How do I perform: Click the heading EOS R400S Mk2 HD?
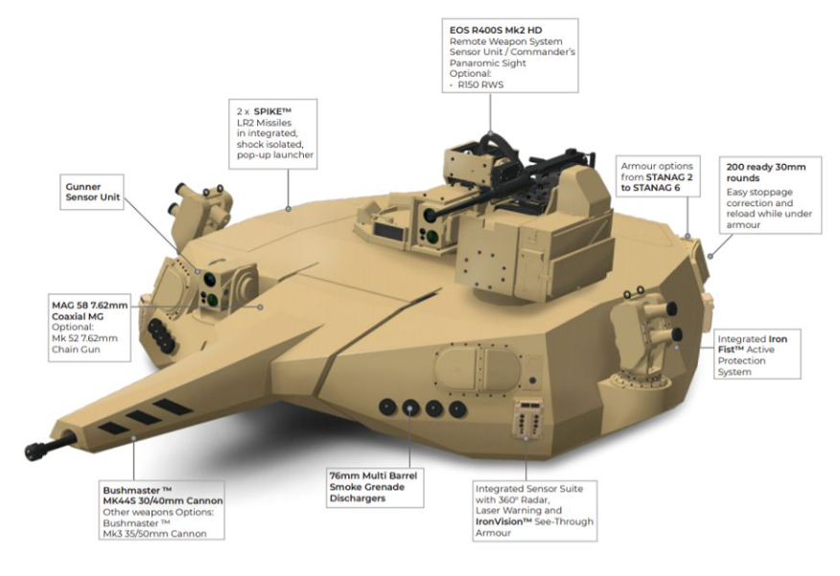tap(496, 30)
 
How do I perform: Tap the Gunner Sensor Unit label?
tap(93, 192)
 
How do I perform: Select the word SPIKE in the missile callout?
tap(272, 111)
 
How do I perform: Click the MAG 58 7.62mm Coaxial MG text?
tap(89, 311)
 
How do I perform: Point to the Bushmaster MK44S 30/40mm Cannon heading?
tap(163, 495)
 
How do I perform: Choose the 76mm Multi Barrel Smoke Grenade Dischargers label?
tap(373, 487)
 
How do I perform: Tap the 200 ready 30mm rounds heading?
tap(766, 173)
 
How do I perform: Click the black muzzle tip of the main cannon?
tap(35, 450)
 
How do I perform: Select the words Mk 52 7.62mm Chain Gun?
tap(84, 344)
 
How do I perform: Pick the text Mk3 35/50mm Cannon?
tap(154, 534)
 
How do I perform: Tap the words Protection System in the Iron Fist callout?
tap(741, 366)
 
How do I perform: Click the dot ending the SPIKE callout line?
tap(289, 209)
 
